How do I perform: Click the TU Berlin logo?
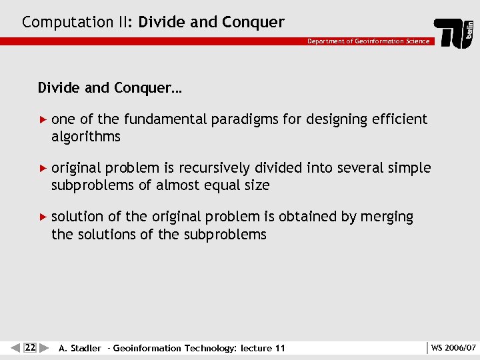coord(455,33)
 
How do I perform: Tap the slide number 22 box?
coord(30,347)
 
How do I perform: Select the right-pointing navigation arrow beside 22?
coord(44,347)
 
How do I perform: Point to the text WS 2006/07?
coord(453,347)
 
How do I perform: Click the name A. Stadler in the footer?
coord(80,348)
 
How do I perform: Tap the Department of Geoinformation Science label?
coord(369,41)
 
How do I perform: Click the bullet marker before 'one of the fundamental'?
coord(44,120)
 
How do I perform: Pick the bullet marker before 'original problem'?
coord(44,169)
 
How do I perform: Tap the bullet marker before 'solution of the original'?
coord(44,217)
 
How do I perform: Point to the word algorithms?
coord(86,137)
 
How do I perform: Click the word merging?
coord(387,217)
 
